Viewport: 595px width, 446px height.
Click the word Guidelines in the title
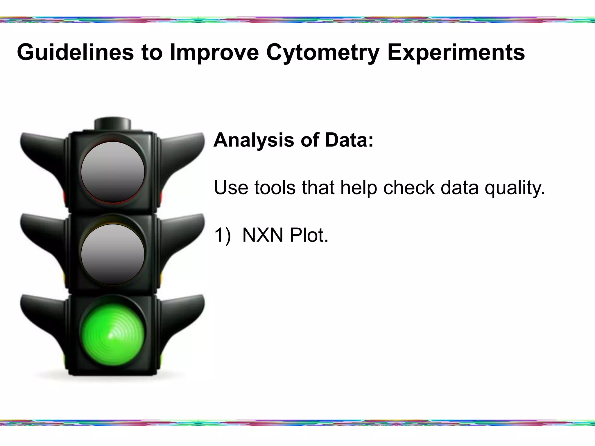[75, 53]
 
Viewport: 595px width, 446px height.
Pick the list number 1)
[222, 235]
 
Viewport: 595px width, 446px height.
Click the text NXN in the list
[263, 235]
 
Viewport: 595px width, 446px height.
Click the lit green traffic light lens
[113, 334]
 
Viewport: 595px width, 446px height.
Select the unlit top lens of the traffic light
[113, 172]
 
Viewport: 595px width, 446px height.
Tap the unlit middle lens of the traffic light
[113, 254]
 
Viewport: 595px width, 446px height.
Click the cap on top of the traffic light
[113, 124]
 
